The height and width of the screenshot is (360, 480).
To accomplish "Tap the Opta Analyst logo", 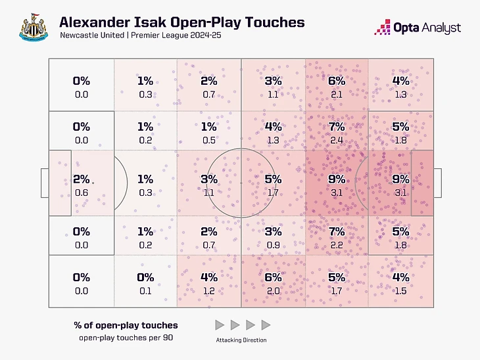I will click(x=417, y=28).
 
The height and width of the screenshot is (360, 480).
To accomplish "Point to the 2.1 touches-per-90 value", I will click(x=337, y=95).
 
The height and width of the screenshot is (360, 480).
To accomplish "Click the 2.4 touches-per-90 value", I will click(x=337, y=140).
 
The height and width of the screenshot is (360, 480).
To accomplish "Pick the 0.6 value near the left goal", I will click(x=82, y=192).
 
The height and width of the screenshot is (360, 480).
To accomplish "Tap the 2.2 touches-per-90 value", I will click(x=337, y=245).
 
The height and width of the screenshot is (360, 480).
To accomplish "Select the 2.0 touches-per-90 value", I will click(x=273, y=291).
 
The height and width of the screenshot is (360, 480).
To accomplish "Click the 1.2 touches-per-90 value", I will click(x=209, y=291).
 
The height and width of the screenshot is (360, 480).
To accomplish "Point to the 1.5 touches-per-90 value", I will click(x=400, y=291).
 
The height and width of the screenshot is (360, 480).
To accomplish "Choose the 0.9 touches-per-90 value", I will click(x=273, y=245).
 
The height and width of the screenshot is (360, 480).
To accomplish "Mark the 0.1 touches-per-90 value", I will click(x=145, y=291).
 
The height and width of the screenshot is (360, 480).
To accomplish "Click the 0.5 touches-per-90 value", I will click(x=209, y=140).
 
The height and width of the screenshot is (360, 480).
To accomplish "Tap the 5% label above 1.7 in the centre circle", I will click(x=273, y=179).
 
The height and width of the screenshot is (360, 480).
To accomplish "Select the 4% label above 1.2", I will click(x=209, y=278).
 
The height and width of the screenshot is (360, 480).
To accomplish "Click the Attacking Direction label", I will click(x=242, y=340).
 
